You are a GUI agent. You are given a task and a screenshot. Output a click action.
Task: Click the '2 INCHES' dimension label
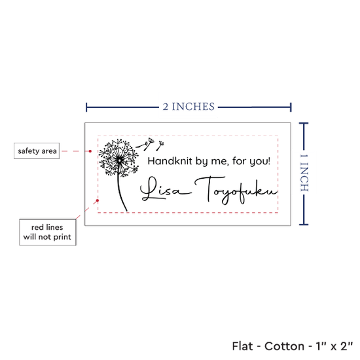189,107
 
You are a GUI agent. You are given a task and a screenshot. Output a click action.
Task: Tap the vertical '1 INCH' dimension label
304,173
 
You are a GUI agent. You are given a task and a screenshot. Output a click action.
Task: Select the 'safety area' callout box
37,151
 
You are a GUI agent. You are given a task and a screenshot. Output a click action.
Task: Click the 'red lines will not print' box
48,232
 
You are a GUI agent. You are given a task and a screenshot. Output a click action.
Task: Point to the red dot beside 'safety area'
90,151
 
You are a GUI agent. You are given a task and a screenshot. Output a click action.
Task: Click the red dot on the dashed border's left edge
98,200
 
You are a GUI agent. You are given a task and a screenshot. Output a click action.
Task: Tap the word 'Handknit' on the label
170,161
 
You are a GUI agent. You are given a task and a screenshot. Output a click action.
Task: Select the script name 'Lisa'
165,189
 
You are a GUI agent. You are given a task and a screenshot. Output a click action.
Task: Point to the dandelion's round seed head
119,158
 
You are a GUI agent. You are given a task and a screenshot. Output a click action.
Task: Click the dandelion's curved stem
121,192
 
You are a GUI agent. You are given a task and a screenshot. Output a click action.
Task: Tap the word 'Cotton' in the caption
285,346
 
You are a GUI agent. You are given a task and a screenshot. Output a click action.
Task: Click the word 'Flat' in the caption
242,346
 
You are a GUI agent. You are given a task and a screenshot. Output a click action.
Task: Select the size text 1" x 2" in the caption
334,346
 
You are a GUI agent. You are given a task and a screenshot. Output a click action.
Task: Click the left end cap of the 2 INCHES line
86,107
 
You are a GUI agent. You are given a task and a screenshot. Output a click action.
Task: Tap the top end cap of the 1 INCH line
304,124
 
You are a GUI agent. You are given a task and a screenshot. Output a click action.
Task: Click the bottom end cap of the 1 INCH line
304,224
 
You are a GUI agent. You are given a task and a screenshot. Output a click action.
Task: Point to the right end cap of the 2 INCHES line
291,107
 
